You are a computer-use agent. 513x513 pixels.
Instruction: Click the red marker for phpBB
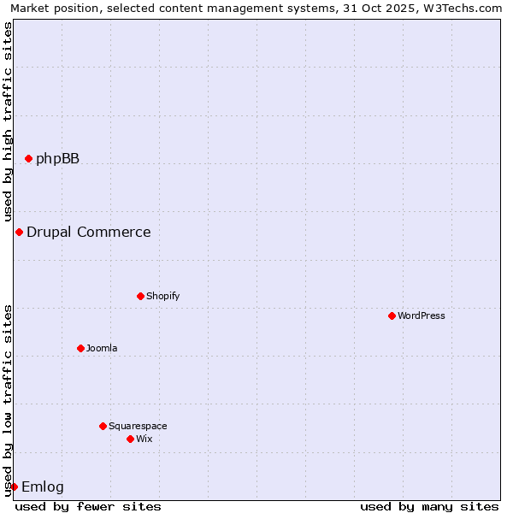[28, 158]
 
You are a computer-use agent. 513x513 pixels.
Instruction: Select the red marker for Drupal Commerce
[19, 232]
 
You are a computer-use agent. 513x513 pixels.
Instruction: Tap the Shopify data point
[140, 296]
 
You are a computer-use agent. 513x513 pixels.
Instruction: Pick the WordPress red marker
[392, 315]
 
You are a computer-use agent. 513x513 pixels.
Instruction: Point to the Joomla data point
[80, 348]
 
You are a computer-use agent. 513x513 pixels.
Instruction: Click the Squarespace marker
[103, 426]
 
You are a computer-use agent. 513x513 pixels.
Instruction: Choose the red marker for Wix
[130, 439]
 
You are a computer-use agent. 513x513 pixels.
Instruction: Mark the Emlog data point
[14, 486]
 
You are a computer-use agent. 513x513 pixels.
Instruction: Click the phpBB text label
[57, 158]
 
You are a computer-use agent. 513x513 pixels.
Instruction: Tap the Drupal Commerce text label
[88, 232]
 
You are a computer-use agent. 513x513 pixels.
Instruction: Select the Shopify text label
[162, 296]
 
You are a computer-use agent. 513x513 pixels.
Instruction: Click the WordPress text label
[421, 315]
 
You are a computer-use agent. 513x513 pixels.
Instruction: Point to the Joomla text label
[102, 348]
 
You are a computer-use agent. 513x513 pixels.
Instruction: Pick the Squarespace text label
[138, 426]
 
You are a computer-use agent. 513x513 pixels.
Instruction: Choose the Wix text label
[144, 439]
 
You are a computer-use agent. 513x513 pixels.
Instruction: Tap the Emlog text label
[43, 486]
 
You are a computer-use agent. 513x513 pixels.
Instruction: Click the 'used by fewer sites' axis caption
[88, 506]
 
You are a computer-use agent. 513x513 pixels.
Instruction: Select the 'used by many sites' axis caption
[429, 506]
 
